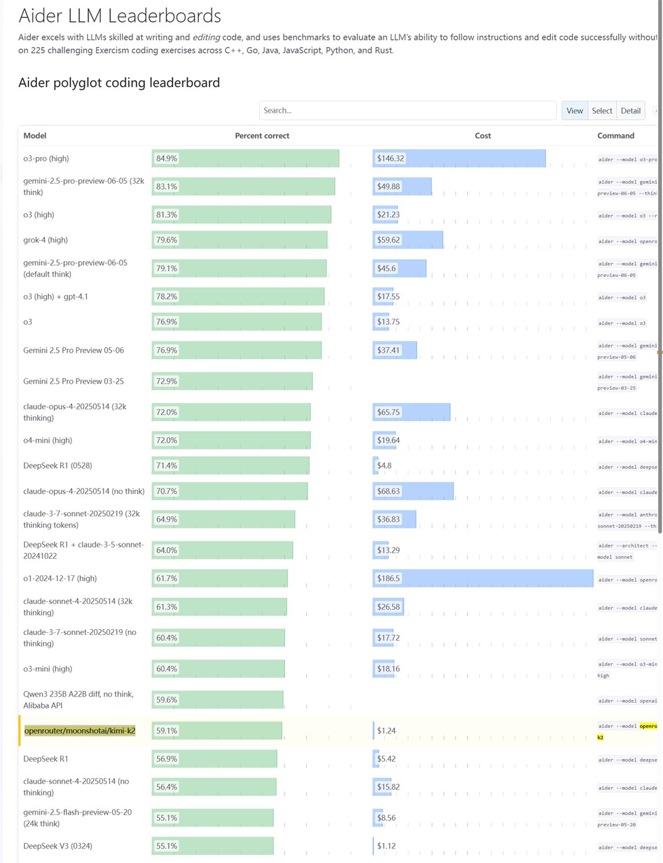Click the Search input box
click(407, 111)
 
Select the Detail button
click(631, 111)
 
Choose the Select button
click(602, 111)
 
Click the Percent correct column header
click(262, 136)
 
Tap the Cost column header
click(483, 136)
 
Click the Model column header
click(35, 136)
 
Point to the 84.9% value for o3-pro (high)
click(167, 159)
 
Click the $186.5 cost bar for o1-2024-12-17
click(483, 579)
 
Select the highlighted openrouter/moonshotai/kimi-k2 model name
click(80, 731)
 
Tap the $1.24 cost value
click(387, 731)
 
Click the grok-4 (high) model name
click(46, 240)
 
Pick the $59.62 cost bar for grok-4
click(408, 240)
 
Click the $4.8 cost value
click(385, 466)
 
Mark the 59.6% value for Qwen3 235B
click(167, 700)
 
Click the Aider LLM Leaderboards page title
click(120, 16)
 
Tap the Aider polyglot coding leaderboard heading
click(119, 83)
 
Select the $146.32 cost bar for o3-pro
click(459, 159)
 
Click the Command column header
click(616, 136)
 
